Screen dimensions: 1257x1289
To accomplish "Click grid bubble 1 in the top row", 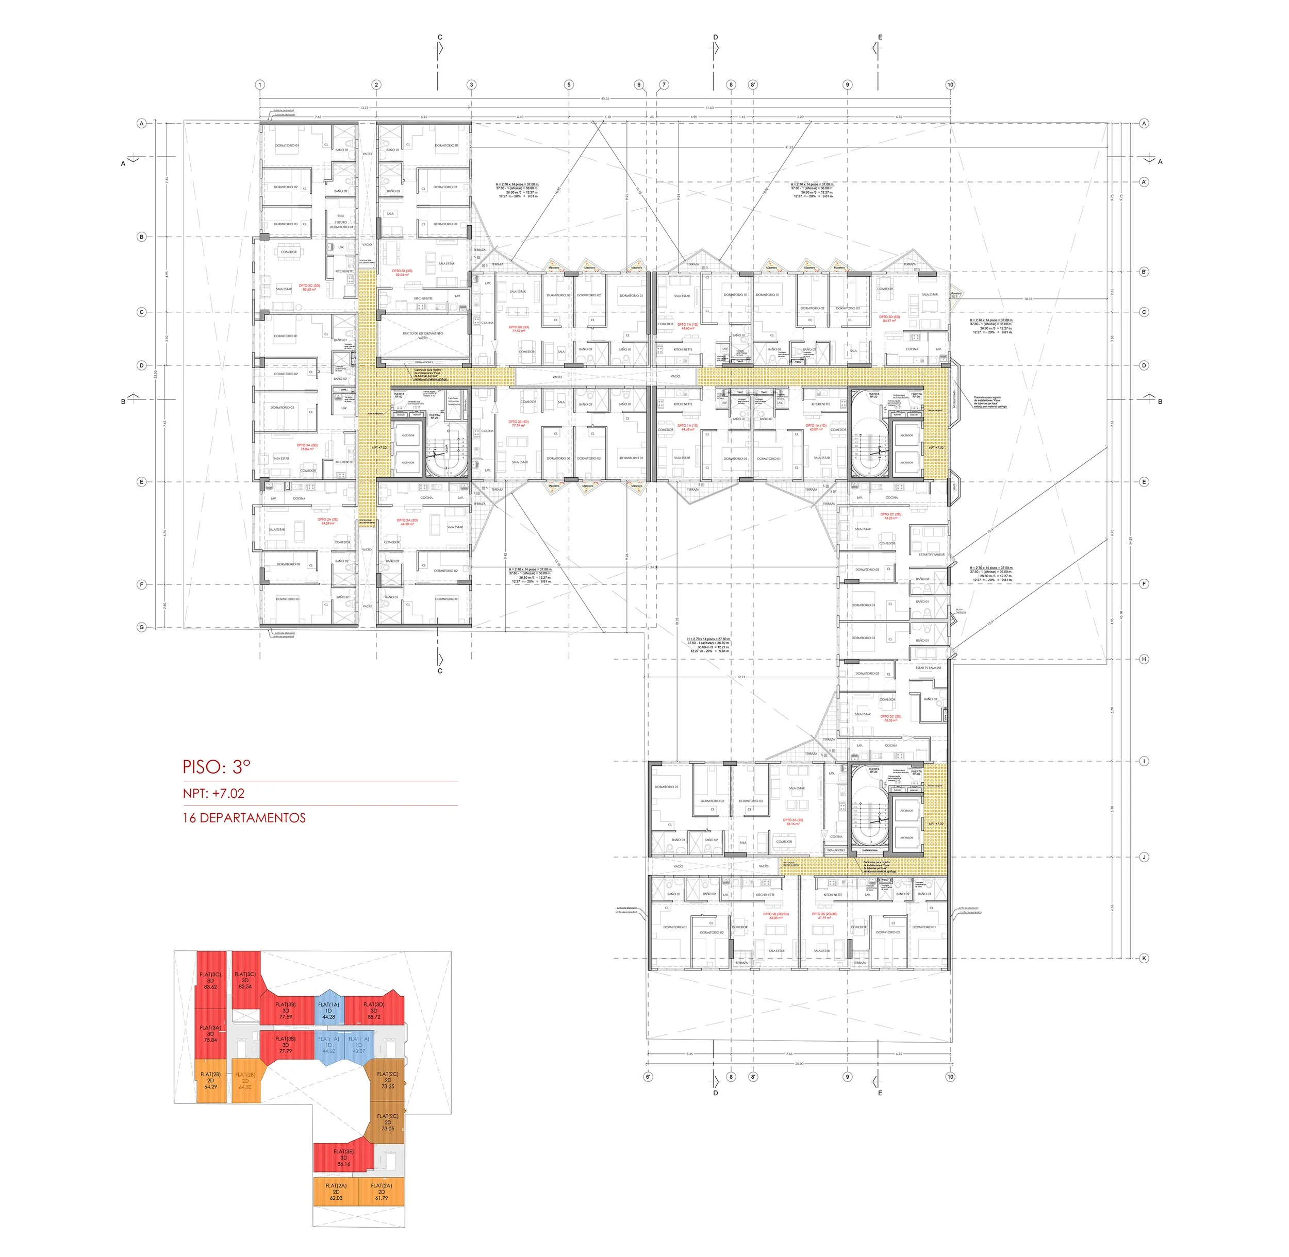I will (260, 85).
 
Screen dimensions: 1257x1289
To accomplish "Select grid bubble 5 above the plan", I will (569, 85).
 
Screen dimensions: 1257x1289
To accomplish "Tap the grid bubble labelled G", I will (141, 627).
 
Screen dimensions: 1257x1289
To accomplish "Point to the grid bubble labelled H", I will (1144, 659).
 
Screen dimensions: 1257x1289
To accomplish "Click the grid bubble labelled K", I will (1144, 958).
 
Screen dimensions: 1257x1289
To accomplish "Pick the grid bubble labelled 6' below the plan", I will (648, 1077).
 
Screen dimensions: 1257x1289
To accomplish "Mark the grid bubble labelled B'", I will (1144, 271).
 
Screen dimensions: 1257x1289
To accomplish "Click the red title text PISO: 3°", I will (217, 766).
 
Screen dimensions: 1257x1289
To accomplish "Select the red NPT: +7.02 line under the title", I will (213, 793).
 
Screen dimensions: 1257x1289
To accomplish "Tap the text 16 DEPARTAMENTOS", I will (244, 817).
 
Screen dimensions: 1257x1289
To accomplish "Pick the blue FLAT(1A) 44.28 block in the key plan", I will (328, 1011).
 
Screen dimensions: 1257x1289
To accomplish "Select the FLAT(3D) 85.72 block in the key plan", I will (374, 1011).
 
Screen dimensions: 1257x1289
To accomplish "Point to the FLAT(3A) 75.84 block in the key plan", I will (210, 1033).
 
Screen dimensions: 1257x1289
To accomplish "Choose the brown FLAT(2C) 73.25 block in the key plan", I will (388, 1080).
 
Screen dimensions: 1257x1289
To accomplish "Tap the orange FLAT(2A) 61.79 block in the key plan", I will (381, 1192).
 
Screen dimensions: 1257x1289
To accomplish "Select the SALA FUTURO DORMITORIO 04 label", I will (341, 221).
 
